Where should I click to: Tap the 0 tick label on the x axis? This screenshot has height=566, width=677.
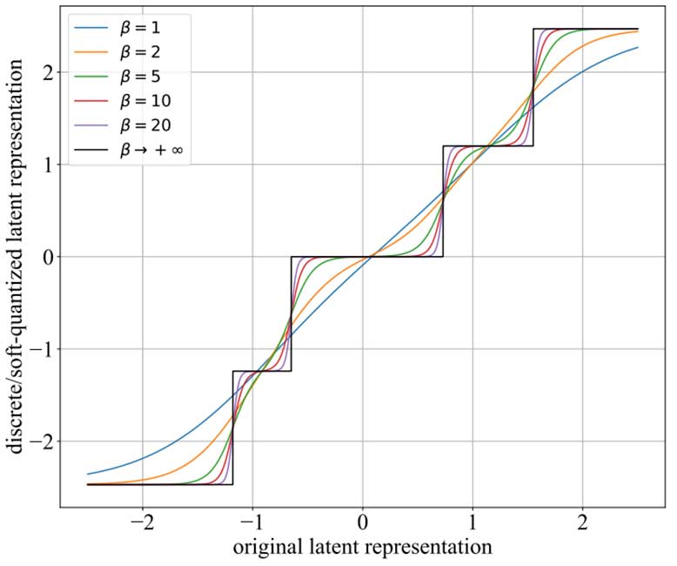(363, 526)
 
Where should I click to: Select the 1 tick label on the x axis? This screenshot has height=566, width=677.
(473, 526)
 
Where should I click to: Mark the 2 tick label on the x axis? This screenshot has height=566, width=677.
(582, 526)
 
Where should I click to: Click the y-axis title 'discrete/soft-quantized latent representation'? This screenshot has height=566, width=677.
(16, 258)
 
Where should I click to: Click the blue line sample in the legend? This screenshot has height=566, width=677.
(91, 28)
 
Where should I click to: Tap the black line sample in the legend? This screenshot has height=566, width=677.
(91, 151)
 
